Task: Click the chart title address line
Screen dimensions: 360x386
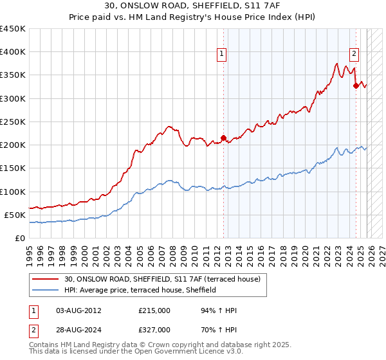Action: click(192, 6)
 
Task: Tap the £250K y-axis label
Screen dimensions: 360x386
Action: click(12, 122)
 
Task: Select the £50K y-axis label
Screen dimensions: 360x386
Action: click(15, 215)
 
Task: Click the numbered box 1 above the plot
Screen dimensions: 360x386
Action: click(221, 55)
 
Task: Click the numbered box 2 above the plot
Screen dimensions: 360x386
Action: click(354, 55)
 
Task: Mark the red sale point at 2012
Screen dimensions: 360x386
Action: click(223, 138)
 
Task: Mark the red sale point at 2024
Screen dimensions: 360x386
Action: click(356, 85)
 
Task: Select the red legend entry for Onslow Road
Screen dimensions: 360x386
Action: click(161, 280)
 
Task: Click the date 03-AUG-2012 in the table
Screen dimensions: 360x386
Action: click(78, 310)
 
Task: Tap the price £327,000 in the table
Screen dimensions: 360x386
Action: click(154, 330)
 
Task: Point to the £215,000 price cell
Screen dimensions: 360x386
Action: click(154, 310)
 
